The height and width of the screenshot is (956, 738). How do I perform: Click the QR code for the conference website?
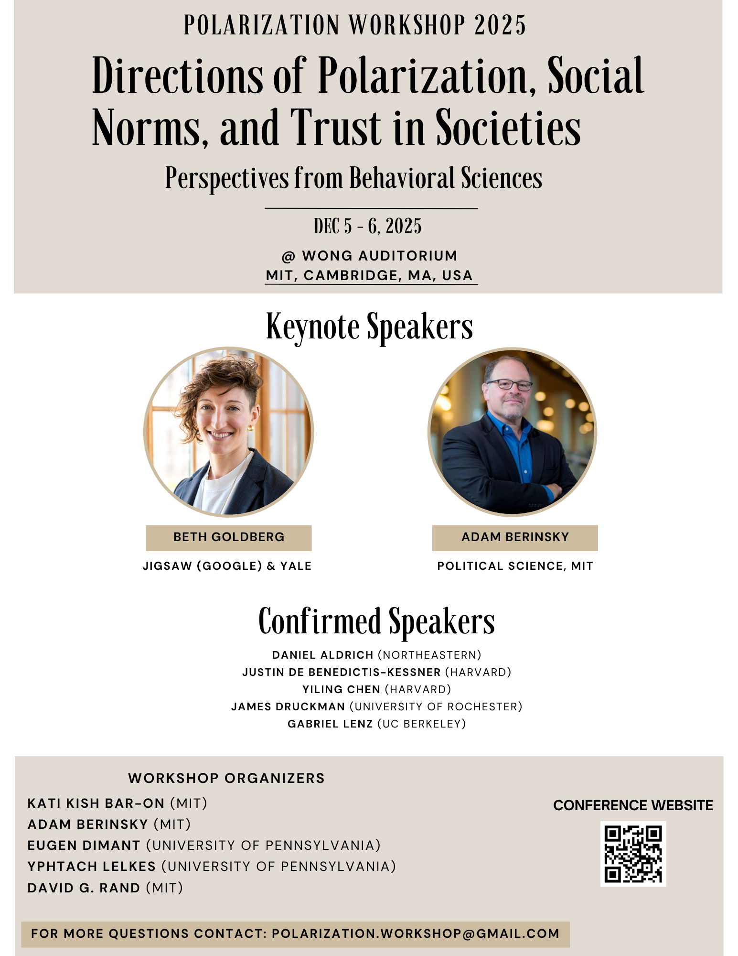coord(632,854)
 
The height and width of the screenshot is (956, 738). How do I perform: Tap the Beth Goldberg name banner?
coord(229,537)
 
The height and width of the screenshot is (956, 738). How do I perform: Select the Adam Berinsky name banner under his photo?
coord(515,537)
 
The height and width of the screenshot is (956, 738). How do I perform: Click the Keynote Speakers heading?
coord(369,327)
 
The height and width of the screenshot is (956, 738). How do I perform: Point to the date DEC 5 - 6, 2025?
coord(368,227)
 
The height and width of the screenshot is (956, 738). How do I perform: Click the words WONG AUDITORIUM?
coord(380,256)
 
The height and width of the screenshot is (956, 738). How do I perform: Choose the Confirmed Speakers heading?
coord(376,621)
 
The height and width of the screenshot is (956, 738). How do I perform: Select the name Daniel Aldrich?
coord(323,655)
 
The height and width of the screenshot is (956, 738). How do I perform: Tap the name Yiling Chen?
coord(341,689)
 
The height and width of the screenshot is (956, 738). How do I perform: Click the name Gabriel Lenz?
coord(330,724)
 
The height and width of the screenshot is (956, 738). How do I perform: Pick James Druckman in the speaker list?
coord(288,706)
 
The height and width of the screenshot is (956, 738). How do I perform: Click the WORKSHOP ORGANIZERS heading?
coord(226,778)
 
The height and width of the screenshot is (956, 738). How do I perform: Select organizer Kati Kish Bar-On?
coord(96,804)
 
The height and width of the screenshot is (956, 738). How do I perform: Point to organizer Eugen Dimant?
coord(84,846)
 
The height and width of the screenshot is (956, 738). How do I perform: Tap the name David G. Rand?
coord(84,888)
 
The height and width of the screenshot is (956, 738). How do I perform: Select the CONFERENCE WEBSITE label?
coord(633,805)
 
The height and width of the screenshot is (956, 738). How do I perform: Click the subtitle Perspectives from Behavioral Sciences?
coord(353,178)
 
